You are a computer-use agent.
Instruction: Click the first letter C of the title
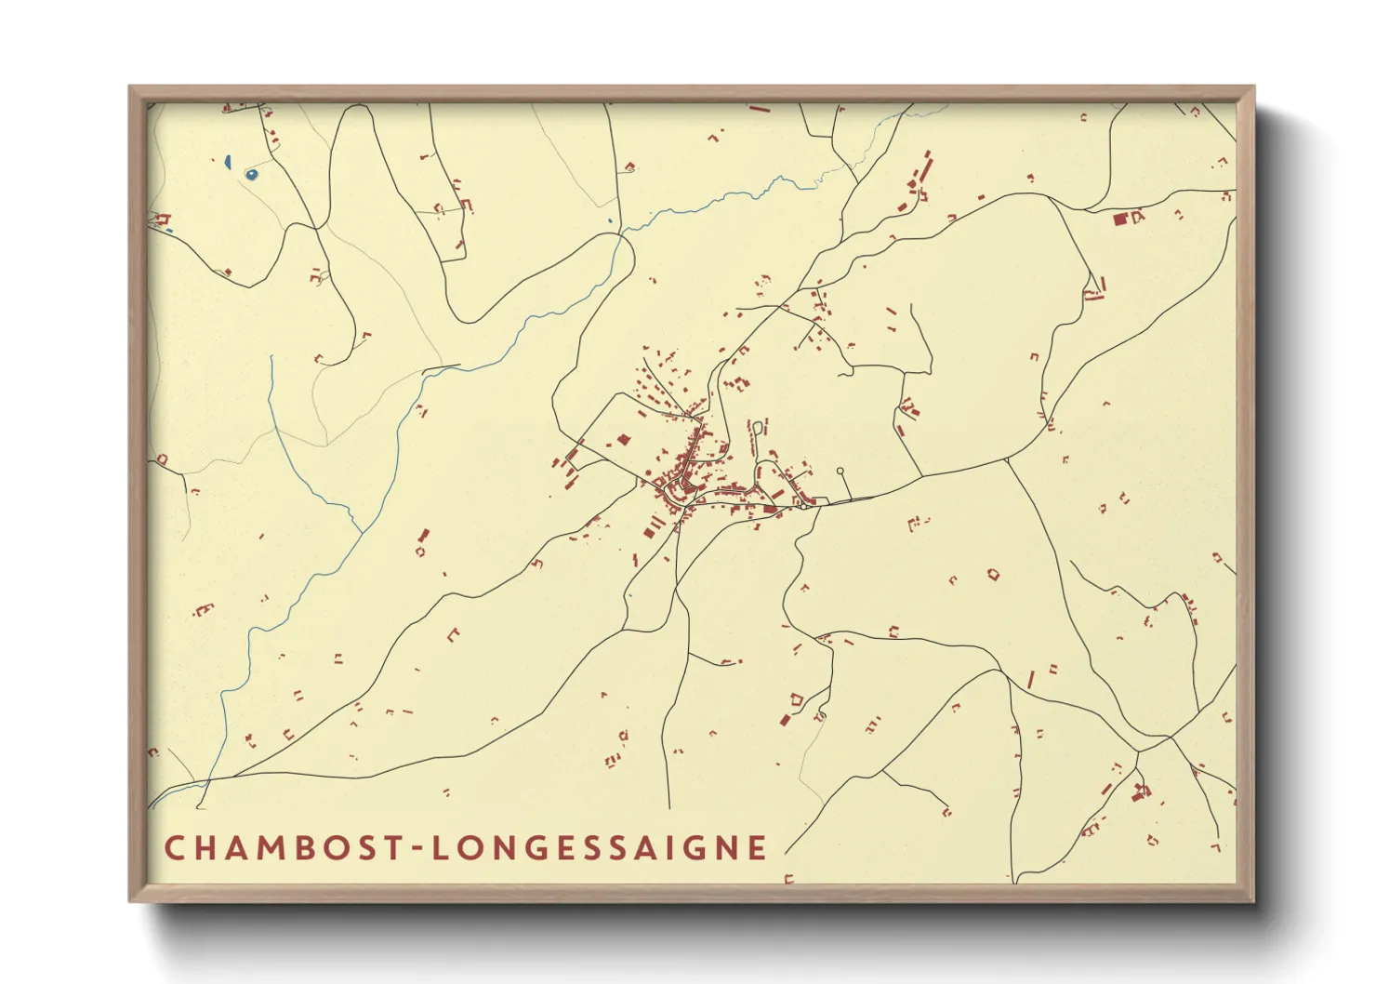point(174,847)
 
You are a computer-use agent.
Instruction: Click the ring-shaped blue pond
point(250,174)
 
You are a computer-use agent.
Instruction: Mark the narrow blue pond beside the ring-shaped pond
point(227,162)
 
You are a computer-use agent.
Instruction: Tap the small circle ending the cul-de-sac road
point(840,472)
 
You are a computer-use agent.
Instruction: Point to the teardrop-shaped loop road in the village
point(758,428)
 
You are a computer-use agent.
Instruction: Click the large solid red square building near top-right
point(1120,219)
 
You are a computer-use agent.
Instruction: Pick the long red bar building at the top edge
point(760,109)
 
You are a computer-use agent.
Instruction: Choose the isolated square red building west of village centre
point(624,439)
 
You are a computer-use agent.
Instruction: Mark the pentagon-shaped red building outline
point(796,698)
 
